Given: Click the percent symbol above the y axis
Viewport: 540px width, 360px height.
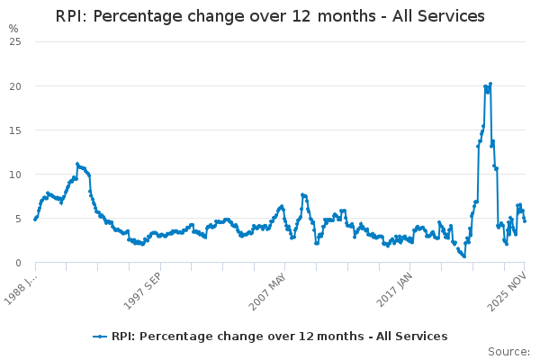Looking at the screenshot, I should pyautogui.click(x=13, y=29).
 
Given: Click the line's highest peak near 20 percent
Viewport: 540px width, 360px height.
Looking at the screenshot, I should pyautogui.click(x=490, y=84).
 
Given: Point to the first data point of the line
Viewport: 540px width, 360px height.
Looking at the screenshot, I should pyautogui.click(x=35, y=219).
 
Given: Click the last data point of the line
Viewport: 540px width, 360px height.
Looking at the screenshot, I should pyautogui.click(x=525, y=220).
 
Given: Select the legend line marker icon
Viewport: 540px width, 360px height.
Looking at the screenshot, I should pyautogui.click(x=100, y=337).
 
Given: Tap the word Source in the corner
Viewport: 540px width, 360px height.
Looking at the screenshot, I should pyautogui.click(x=508, y=352).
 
